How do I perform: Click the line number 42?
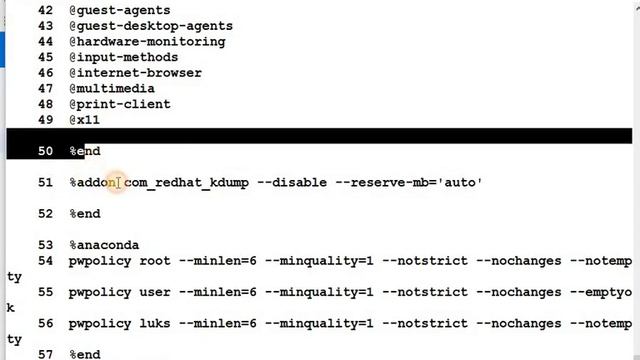pyautogui.click(x=44, y=10)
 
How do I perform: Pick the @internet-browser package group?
pyautogui.click(x=135, y=73)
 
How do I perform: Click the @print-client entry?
pyautogui.click(x=119, y=104)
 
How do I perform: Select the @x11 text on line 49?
pyautogui.click(x=84, y=120)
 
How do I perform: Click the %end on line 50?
pyautogui.click(x=85, y=151)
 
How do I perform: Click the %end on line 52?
pyautogui.click(x=85, y=214)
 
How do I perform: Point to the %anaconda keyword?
pyautogui.click(x=104, y=245)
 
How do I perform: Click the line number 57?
pyautogui.click(x=44, y=354)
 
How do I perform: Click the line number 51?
pyautogui.click(x=44, y=182)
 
